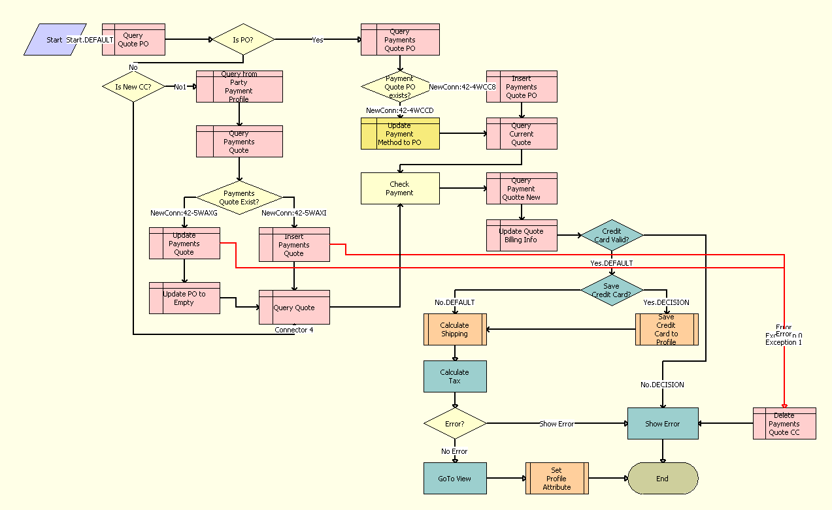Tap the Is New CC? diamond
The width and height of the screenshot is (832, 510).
pyautogui.click(x=133, y=87)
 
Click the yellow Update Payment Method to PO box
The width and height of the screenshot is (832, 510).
pyautogui.click(x=400, y=134)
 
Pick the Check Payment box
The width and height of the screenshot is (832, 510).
pyautogui.click(x=400, y=189)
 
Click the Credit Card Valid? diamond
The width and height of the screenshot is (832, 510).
pyautogui.click(x=612, y=235)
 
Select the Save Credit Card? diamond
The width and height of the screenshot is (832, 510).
pyautogui.click(x=612, y=290)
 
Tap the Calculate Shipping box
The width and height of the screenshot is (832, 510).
pyautogui.click(x=455, y=330)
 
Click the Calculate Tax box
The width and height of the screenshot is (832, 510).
pyautogui.click(x=455, y=377)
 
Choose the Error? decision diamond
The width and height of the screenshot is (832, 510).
pyautogui.click(x=455, y=424)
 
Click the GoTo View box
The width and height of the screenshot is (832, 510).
pyautogui.click(x=455, y=479)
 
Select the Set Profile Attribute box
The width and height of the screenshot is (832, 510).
pyautogui.click(x=557, y=479)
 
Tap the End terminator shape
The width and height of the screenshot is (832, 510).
pyautogui.click(x=663, y=479)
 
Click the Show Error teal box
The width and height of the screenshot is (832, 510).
pyautogui.click(x=663, y=424)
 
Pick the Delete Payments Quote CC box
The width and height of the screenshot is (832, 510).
pyautogui.click(x=784, y=424)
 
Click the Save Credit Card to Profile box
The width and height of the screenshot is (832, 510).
pyautogui.click(x=667, y=330)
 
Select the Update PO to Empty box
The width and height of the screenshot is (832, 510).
pyautogui.click(x=184, y=298)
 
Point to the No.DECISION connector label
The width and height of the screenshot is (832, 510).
pyautogui.click(x=662, y=385)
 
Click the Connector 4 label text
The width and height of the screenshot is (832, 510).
pyautogui.click(x=293, y=330)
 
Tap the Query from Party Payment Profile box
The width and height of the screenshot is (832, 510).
pyautogui.click(x=239, y=87)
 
